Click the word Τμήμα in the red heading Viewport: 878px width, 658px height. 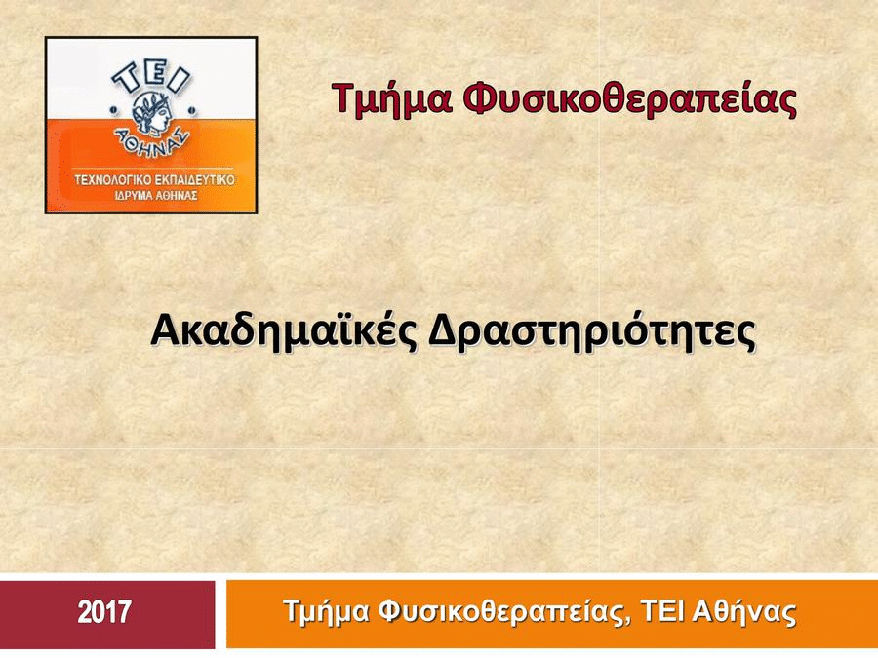click(x=392, y=98)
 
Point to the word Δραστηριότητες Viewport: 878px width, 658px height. click(x=592, y=332)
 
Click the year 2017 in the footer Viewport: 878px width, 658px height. click(x=104, y=611)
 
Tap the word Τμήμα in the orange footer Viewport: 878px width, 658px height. click(x=327, y=612)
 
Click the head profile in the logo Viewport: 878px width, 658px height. click(x=151, y=112)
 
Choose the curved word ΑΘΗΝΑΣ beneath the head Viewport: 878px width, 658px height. click(x=151, y=141)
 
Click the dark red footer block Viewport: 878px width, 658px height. click(x=107, y=614)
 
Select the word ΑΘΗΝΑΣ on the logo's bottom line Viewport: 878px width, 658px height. click(x=177, y=196)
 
